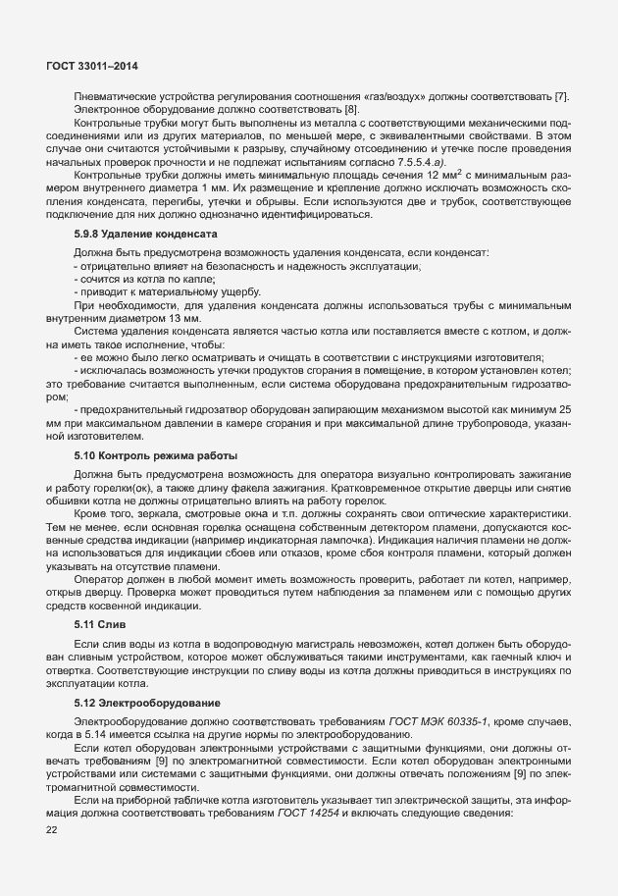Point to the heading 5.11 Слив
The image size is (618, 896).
click(x=101, y=623)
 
